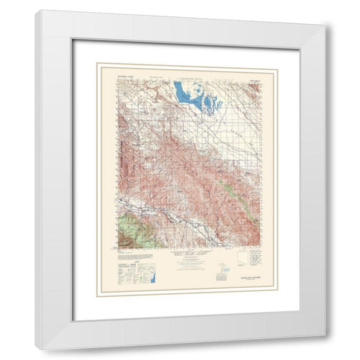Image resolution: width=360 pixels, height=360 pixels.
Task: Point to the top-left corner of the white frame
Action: coord(35,10)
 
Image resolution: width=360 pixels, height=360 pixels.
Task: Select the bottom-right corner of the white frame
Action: coord(325,335)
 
